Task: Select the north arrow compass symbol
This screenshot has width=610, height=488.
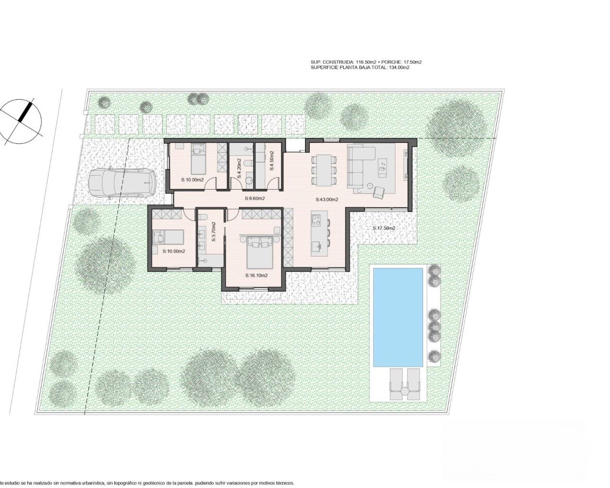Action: point(21,117)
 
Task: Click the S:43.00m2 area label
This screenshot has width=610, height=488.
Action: point(327,200)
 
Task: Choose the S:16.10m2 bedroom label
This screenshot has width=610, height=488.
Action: point(256,275)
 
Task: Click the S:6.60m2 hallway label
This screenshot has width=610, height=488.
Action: point(255,199)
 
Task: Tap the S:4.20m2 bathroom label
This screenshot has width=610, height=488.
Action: point(240,161)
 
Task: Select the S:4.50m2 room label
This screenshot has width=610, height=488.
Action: point(272,161)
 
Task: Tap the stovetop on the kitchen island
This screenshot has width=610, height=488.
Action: point(316,221)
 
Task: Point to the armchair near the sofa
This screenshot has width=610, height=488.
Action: point(378,191)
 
